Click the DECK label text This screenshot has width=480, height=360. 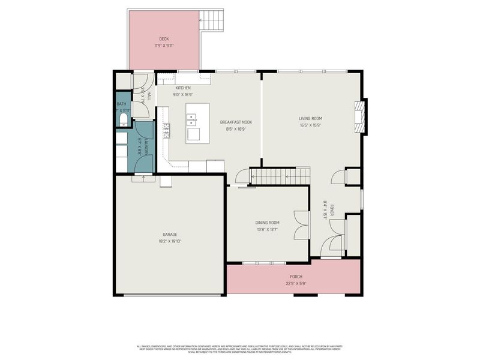(164, 39)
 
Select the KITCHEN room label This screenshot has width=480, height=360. (182, 88)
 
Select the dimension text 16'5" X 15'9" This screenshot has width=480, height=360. (311, 125)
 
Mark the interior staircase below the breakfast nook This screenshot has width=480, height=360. (280, 175)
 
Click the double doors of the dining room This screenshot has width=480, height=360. (301, 226)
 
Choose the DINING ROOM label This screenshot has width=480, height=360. (268, 223)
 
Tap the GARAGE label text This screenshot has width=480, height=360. (169, 235)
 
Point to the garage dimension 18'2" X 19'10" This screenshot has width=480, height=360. (169, 241)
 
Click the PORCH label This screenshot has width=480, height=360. (296, 277)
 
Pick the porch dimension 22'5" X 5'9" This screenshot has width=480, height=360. (296, 283)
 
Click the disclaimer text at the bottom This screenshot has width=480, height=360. (240, 349)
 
